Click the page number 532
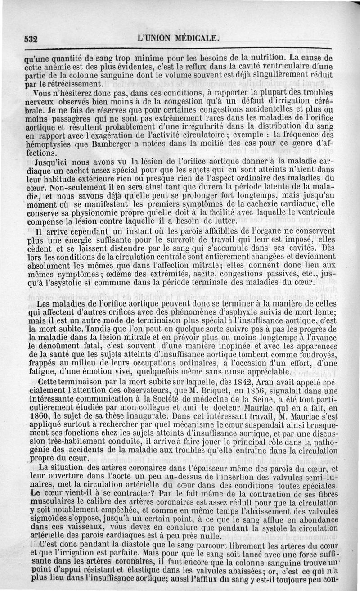(31, 39)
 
